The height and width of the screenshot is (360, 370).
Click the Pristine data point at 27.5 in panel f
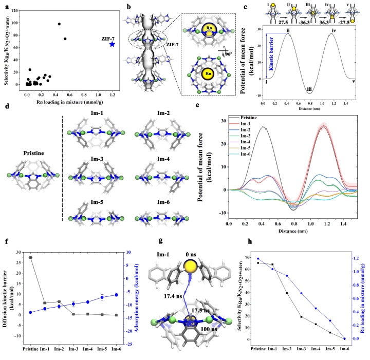tap(30, 257)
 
